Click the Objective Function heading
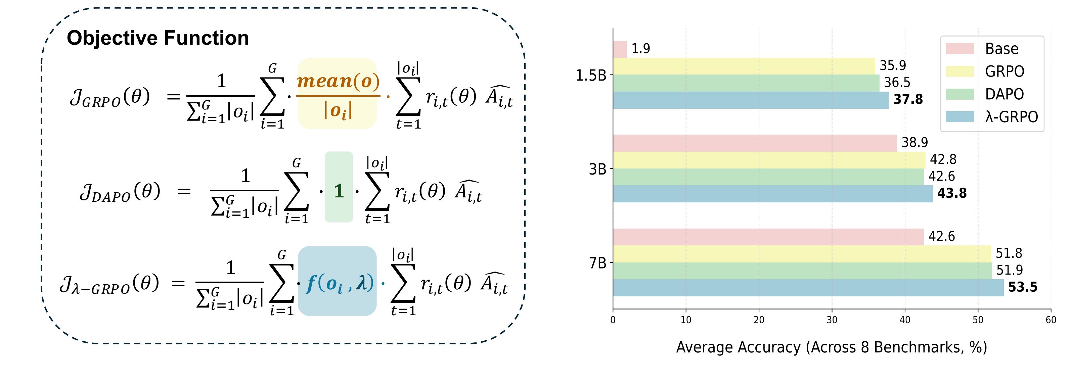(x=158, y=38)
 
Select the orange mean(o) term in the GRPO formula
(x=338, y=81)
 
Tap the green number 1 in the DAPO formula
(x=339, y=191)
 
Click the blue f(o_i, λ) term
(x=340, y=284)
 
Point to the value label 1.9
(x=640, y=49)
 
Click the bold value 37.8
(x=908, y=100)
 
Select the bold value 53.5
(x=1023, y=287)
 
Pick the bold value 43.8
(x=952, y=193)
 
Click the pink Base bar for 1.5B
(x=620, y=49)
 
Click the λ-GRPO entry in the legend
(x=1011, y=117)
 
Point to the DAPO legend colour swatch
(x=959, y=94)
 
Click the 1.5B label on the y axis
(x=591, y=76)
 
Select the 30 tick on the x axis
(x=832, y=320)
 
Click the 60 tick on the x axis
(x=1051, y=320)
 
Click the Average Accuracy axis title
(x=831, y=347)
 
